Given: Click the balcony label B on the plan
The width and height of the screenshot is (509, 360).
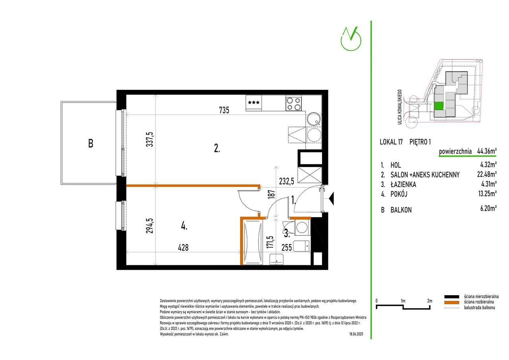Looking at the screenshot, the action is coord(91,144).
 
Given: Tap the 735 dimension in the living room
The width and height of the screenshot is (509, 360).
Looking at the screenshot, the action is coord(224,110).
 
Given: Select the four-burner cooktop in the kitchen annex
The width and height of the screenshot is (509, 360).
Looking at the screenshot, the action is coord(293,103).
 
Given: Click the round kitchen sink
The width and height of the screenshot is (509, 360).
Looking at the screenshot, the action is coord(314,119).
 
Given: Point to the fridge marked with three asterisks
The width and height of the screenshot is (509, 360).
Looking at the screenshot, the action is coord(254,103).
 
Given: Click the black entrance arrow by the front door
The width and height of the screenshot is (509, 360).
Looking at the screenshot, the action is coord(331,198).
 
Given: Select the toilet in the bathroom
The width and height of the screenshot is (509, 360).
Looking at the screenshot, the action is coord(301,246).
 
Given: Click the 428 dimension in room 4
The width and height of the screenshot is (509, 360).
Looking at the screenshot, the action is coord(183,247).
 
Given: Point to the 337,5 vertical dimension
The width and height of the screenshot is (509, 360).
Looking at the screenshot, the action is coord(150,139).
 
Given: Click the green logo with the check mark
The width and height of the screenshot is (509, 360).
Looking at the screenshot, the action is coord(351,39).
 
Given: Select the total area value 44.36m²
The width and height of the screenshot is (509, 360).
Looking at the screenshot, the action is coord(487,151).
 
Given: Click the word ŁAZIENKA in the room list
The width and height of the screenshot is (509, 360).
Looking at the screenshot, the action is coord(403,184).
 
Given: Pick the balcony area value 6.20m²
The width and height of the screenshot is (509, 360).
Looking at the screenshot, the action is coord(488,208).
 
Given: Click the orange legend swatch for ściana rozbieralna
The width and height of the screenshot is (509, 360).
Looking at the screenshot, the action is coord(452,302).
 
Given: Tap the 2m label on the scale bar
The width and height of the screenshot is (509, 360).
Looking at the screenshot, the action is coord(429,301).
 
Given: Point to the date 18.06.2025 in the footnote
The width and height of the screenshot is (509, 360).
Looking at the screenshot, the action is coord(356,334).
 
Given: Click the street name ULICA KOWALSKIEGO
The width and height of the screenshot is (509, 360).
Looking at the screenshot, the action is coord(400,107).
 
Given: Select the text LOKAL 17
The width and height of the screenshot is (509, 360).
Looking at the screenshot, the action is coord(391,142).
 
